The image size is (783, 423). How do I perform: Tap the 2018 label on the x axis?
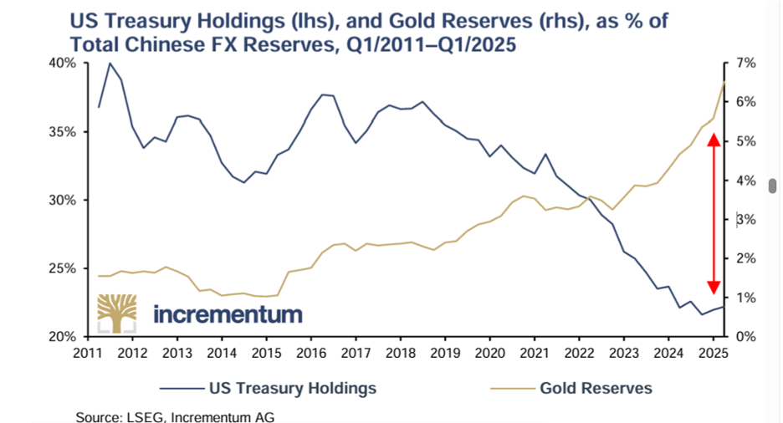pyautogui.click(x=399, y=352)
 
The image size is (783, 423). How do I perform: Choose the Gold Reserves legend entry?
pyautogui.click(x=596, y=388)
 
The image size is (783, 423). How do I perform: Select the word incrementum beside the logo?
pyautogui.click(x=228, y=315)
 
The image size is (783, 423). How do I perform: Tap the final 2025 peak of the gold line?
pyautogui.click(x=724, y=82)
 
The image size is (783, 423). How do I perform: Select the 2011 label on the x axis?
pyautogui.click(x=86, y=352)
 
